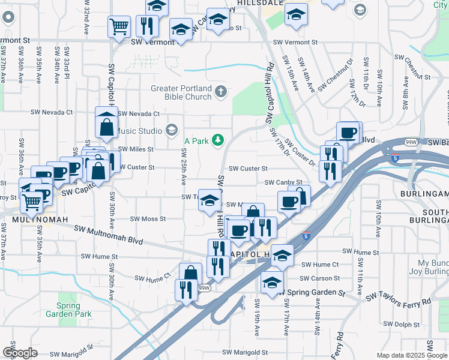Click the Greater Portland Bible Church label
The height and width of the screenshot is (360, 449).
tap(181, 92)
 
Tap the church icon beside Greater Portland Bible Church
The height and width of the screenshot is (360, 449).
tap(221, 92)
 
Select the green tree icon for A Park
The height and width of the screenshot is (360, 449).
tap(219, 140)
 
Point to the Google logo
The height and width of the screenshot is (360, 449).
tap(20, 353)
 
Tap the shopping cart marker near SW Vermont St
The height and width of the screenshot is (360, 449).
tap(119, 26)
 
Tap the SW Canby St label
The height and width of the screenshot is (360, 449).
tap(283, 182)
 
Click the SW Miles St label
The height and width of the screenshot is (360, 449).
tap(136, 149)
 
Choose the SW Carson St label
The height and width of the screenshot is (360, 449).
tap(320, 278)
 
